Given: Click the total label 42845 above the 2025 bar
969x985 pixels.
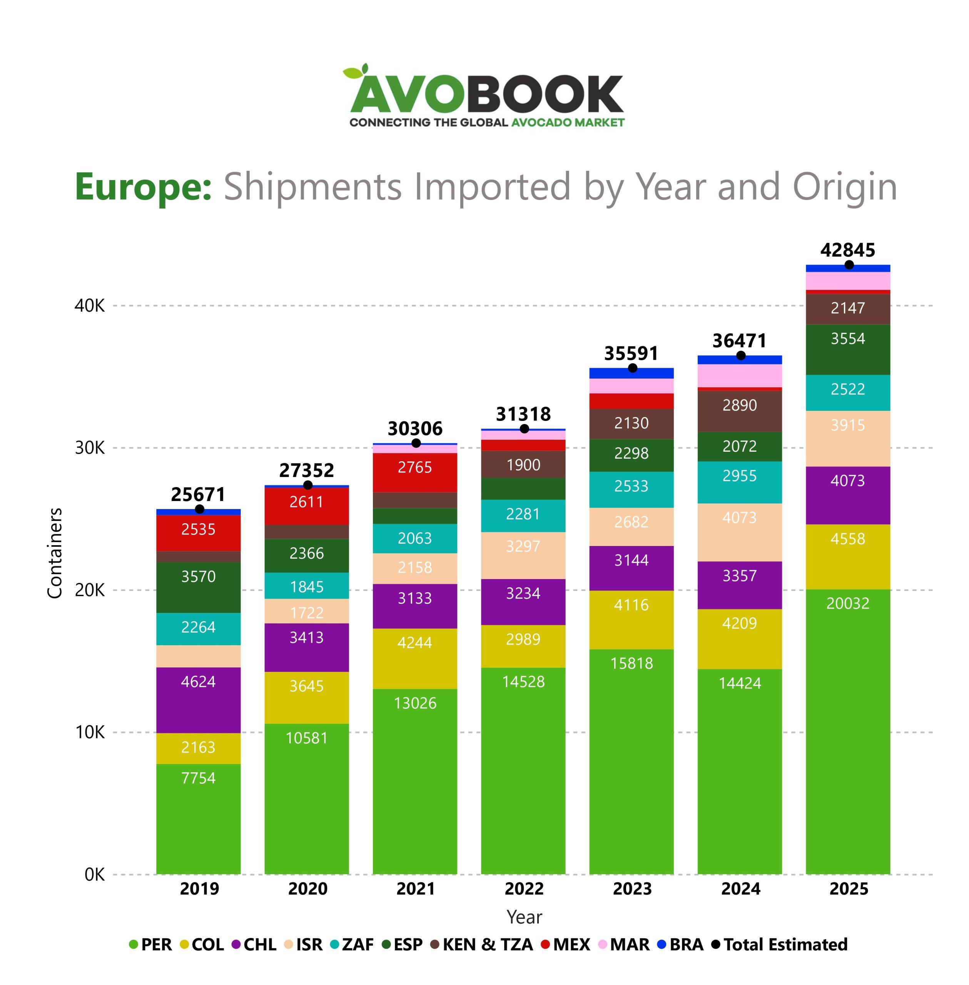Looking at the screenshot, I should click(x=847, y=250).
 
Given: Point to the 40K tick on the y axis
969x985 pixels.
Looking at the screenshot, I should click(x=90, y=306).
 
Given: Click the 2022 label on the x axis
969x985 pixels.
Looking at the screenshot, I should click(x=524, y=888).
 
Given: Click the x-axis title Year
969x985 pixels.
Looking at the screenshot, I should click(x=524, y=917).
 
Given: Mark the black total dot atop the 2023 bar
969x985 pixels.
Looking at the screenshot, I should click(x=632, y=368).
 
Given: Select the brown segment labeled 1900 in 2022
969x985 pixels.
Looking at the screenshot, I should click(x=523, y=464).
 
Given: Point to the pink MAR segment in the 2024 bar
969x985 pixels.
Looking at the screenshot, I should click(x=740, y=376).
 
